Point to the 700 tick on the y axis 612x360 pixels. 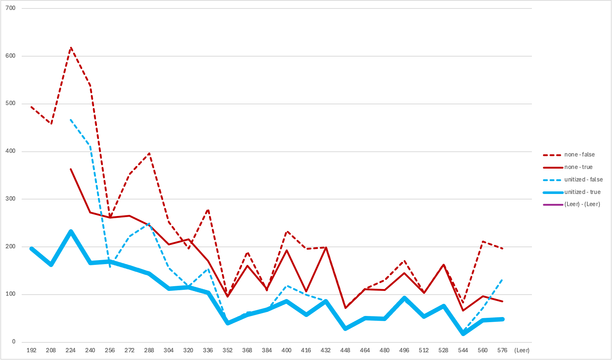(x=10, y=8)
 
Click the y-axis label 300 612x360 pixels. (x=10, y=199)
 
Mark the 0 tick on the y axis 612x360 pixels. (x=14, y=342)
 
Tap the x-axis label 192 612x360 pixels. (x=32, y=350)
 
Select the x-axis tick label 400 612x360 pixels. (x=286, y=350)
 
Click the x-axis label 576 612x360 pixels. (x=503, y=350)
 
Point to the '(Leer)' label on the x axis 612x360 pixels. (x=522, y=350)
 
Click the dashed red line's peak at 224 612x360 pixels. (x=71, y=47)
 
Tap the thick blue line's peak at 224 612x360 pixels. (x=71, y=232)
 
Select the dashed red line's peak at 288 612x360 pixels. (x=149, y=153)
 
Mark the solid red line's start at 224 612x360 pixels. (x=71, y=169)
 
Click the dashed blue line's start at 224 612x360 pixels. (x=71, y=120)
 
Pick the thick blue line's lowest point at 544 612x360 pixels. (x=463, y=334)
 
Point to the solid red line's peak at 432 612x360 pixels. (x=326, y=248)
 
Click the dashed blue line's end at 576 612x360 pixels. (x=503, y=280)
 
